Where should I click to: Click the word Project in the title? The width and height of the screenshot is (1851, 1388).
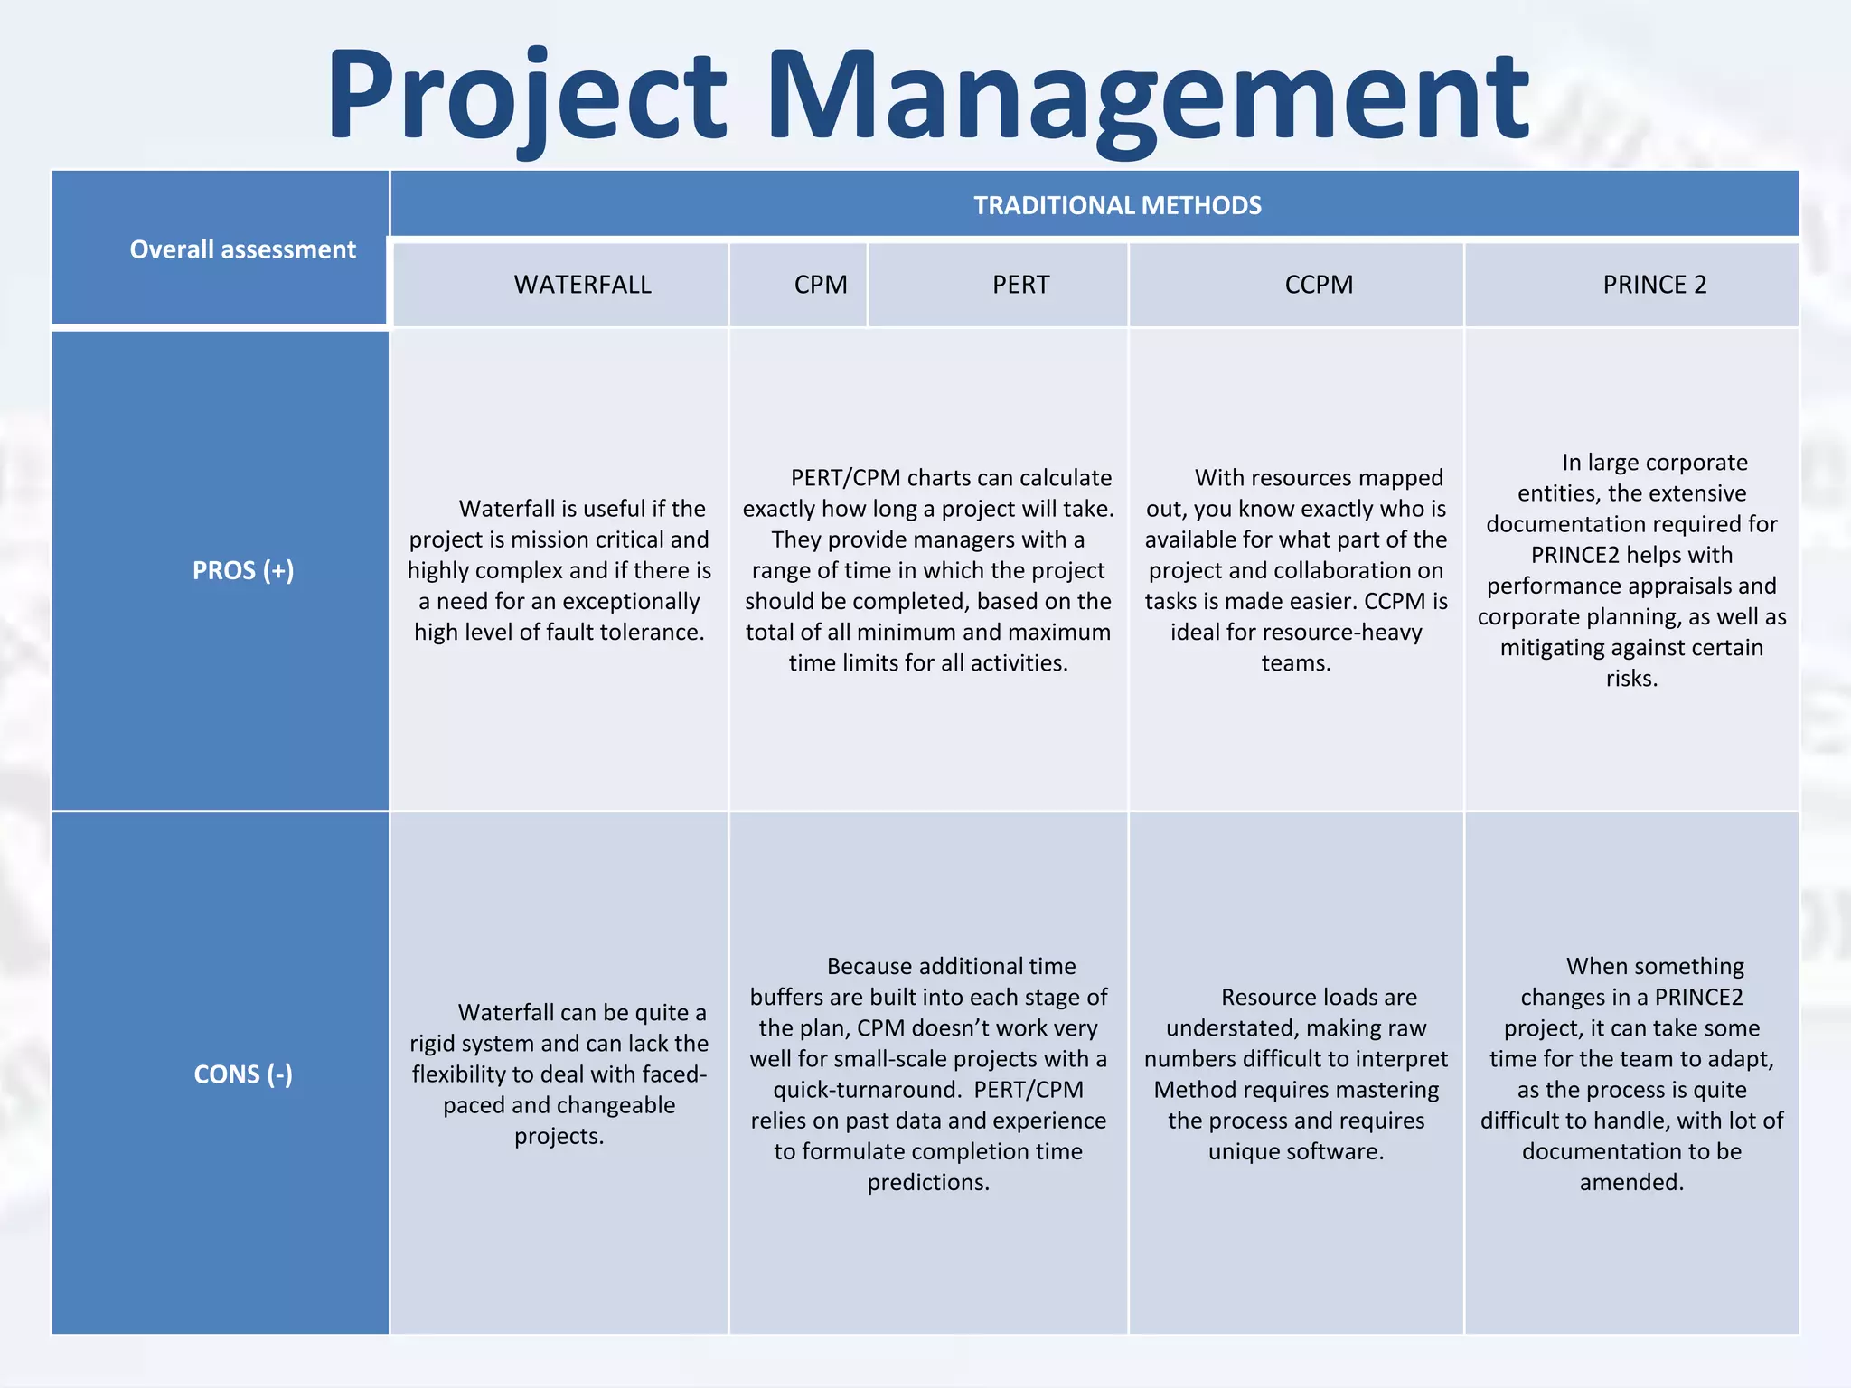(x=527, y=98)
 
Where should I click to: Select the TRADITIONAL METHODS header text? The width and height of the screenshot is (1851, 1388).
(x=1117, y=206)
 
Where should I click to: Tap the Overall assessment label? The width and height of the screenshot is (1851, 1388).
(x=242, y=249)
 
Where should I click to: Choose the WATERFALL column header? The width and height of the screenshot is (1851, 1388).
(x=582, y=285)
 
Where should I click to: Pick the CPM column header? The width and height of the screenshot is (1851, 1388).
(x=821, y=285)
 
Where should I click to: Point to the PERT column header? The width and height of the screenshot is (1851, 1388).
(x=1020, y=285)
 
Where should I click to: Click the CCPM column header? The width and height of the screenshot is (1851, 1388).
(x=1319, y=285)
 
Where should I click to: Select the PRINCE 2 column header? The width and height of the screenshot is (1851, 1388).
(x=1654, y=285)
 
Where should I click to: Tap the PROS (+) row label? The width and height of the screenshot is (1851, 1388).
(x=242, y=571)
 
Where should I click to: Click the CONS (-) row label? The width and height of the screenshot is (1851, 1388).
(x=242, y=1074)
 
